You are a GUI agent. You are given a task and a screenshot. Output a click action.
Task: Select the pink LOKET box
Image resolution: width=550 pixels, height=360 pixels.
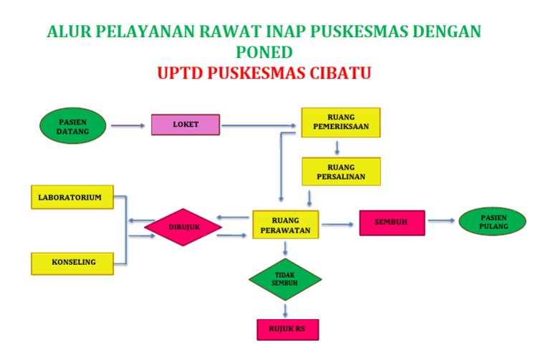pos(185,125)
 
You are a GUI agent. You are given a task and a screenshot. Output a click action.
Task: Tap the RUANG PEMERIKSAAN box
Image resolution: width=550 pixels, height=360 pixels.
pos(340,122)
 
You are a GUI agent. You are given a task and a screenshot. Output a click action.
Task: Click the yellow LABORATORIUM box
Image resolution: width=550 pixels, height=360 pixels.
pos(72,197)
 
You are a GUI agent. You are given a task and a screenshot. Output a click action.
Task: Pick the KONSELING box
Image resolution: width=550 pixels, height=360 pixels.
pos(72,263)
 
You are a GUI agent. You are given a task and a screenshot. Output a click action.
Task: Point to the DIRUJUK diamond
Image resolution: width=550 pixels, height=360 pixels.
pos(183,227)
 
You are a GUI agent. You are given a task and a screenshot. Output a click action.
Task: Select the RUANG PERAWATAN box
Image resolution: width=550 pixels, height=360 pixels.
pos(286,225)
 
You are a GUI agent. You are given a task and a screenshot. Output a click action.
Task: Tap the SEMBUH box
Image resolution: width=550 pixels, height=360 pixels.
pos(392,223)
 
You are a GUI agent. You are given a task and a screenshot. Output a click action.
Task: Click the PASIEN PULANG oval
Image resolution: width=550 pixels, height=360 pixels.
pos(493,222)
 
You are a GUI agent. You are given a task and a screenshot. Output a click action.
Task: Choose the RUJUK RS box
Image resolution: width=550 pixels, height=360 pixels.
pos(286,329)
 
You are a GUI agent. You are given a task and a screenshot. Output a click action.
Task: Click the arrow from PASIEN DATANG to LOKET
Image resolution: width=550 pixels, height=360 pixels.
pos(128,126)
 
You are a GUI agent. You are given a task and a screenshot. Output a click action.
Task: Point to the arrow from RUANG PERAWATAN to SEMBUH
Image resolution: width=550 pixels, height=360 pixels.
pos(338,225)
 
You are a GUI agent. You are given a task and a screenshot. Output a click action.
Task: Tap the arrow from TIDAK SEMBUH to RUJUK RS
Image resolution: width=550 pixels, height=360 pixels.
pos(286,309)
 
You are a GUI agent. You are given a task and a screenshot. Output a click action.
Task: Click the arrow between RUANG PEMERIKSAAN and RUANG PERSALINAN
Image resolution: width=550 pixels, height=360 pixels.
pos(337,147)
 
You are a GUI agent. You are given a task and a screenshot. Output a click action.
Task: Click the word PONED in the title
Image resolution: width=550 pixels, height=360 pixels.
pos(264,52)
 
